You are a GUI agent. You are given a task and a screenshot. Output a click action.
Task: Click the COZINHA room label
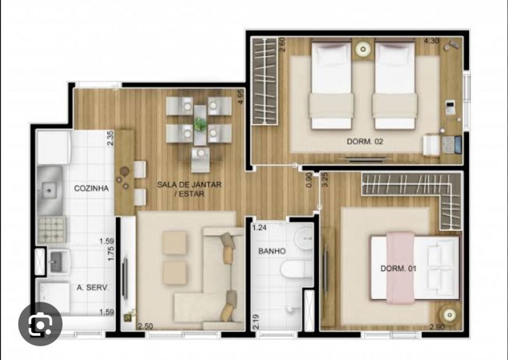[91, 188]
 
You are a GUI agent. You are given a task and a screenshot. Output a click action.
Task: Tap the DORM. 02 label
[365, 142]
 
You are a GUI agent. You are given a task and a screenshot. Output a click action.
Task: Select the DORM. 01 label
[398, 269]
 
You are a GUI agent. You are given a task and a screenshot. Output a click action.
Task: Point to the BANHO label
[272, 251]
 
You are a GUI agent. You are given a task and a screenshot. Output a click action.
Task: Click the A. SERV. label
[92, 287]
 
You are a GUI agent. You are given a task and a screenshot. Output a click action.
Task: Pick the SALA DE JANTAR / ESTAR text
[189, 189]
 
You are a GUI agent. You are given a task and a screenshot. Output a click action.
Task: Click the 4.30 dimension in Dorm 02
[431, 41]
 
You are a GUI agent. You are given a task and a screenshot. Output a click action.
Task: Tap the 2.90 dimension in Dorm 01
[437, 327]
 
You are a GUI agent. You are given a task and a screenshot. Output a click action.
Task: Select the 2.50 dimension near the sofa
[145, 326]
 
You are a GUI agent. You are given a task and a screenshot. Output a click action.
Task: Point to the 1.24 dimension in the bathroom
[260, 227]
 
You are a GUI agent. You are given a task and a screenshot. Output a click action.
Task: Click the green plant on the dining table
[200, 124]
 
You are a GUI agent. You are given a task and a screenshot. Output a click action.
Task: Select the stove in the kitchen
[51, 230]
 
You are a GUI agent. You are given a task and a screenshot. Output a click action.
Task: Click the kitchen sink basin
[49, 190]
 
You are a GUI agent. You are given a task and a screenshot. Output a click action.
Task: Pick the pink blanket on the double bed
[400, 268]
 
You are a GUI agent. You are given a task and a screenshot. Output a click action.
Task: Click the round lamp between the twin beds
[363, 49]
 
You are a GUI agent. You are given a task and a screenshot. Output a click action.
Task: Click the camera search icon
[40, 324]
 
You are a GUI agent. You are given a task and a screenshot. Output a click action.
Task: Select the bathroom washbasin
[304, 238]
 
